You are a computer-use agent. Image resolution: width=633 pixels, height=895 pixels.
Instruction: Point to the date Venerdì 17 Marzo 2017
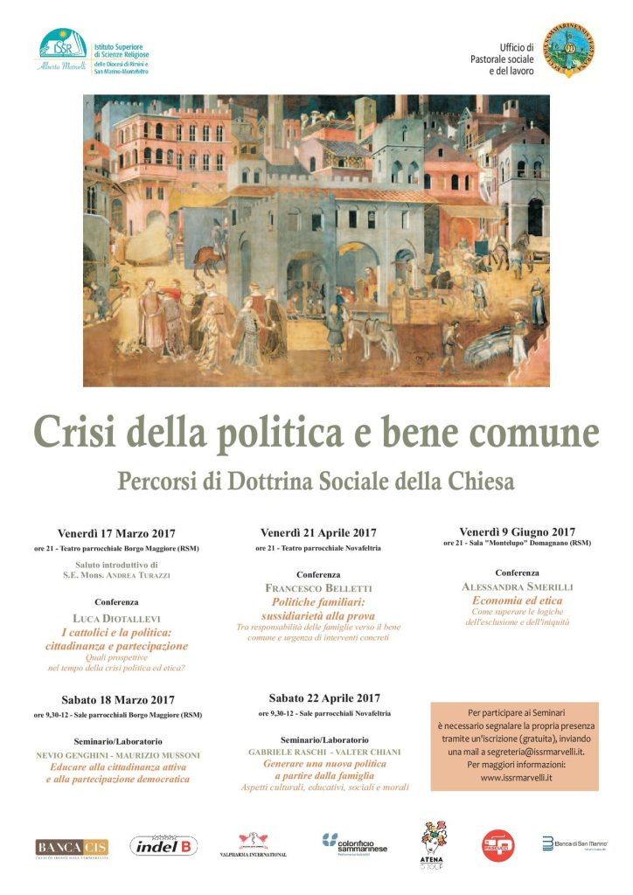pyautogui.click(x=116, y=532)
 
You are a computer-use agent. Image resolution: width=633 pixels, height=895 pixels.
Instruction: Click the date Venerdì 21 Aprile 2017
pyautogui.click(x=317, y=532)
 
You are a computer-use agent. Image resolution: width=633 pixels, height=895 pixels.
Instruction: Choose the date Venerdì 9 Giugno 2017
pyautogui.click(x=517, y=531)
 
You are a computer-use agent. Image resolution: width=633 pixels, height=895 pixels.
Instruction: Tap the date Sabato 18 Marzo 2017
pyautogui.click(x=117, y=699)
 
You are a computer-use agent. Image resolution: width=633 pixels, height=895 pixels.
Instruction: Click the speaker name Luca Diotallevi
pyautogui.click(x=116, y=617)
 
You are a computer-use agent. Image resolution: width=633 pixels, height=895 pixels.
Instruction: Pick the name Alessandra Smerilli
pyautogui.click(x=517, y=586)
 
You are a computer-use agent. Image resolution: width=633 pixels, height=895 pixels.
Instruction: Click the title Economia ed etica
pyautogui.click(x=517, y=600)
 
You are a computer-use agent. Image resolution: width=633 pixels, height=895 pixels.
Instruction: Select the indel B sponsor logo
pyautogui.click(x=163, y=845)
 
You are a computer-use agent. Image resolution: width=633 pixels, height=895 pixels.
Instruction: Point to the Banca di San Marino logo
pyautogui.click(x=574, y=843)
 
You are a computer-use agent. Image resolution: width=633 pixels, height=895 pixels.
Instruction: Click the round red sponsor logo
pyautogui.click(x=497, y=845)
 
